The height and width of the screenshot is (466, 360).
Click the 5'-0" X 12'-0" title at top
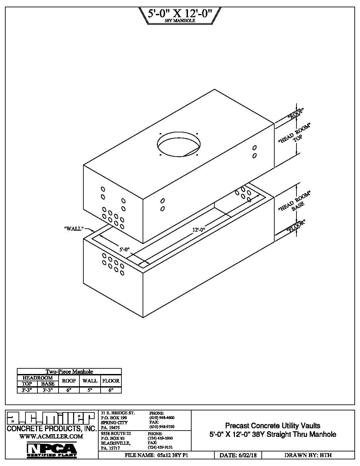pos(180,13)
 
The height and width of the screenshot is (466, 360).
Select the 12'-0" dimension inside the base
pos(199,230)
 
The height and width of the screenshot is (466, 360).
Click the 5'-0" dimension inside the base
pos(125,250)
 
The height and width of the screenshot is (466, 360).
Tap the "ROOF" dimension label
pos(296,114)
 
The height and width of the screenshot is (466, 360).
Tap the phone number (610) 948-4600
pos(162,418)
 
